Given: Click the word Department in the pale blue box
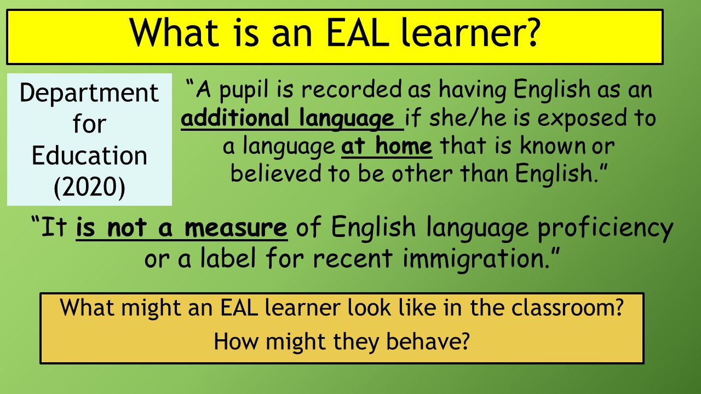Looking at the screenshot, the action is pos(89,94).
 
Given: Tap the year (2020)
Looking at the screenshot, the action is pos(89,187).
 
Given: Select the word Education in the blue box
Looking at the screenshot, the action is pos(89,155).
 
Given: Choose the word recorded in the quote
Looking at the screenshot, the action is pos(352,89).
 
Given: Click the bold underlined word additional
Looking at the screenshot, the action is pos(235,118).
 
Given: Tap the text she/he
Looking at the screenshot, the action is pos(468,118).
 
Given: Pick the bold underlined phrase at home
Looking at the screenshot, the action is pos(387,146).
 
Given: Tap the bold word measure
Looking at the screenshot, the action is pos(236,228).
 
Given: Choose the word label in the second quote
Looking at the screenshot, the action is pos(228,258).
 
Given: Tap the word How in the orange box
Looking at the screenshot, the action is pos(236,341).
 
